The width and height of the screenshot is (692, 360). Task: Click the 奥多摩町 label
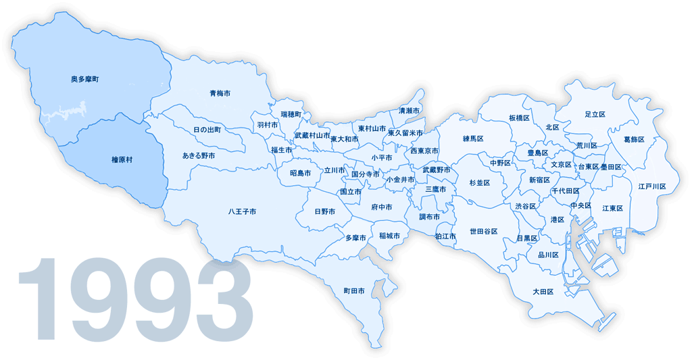click(85, 80)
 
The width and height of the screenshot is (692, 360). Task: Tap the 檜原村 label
click(122, 159)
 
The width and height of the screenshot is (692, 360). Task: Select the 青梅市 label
click(220, 93)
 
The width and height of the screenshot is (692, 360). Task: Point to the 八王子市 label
click(242, 211)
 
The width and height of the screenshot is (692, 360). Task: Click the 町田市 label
click(354, 291)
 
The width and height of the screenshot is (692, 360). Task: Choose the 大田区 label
click(543, 292)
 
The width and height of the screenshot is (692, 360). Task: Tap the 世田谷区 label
click(484, 232)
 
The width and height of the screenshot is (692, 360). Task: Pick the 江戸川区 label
click(652, 186)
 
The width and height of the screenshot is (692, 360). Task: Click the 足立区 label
click(595, 115)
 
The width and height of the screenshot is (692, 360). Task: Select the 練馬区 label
click(474, 138)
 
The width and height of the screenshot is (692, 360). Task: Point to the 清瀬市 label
click(409, 110)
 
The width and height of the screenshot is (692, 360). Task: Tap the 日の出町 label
click(207, 129)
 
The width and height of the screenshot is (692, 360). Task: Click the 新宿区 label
click(539, 180)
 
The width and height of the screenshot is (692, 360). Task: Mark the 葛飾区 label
click(634, 139)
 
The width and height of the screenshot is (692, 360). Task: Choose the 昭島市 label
click(300, 173)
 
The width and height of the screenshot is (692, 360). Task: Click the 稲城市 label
click(389, 236)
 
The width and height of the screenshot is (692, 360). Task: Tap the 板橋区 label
click(519, 118)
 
